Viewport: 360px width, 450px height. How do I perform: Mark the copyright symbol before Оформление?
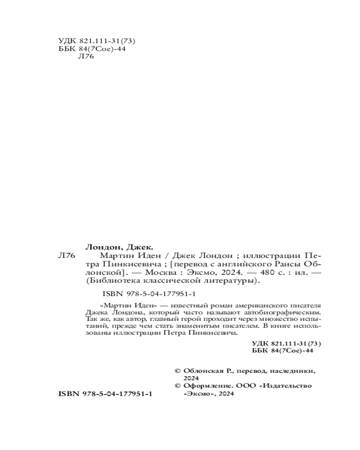tap(177, 386)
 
